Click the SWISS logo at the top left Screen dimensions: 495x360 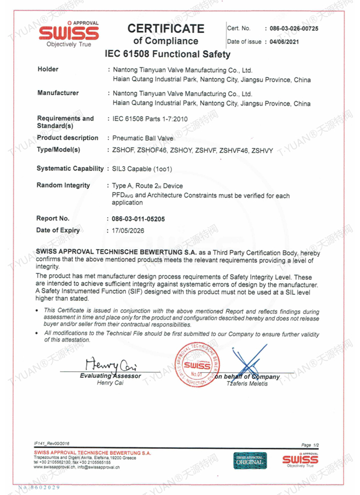(x=69, y=34)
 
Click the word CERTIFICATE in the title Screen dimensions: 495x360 (x=165, y=29)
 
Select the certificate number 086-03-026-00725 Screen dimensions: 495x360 (x=291, y=28)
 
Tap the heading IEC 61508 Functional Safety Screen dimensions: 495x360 (x=167, y=54)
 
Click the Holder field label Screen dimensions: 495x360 (x=47, y=70)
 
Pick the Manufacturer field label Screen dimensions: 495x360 (x=58, y=94)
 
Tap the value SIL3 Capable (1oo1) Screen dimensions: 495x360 (x=144, y=168)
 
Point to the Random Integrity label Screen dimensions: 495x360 (x=63, y=185)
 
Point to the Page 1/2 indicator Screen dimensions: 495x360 (x=311, y=444)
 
